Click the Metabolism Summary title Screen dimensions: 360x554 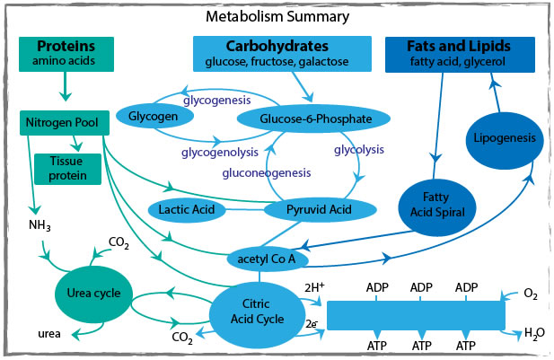tap(277, 17)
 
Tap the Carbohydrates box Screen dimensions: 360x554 tap(281, 53)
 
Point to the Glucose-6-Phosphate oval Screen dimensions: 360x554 tap(312, 118)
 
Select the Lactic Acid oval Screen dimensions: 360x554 tap(185, 210)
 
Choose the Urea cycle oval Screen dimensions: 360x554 tap(93, 293)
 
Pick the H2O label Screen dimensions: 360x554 tap(533, 331)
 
